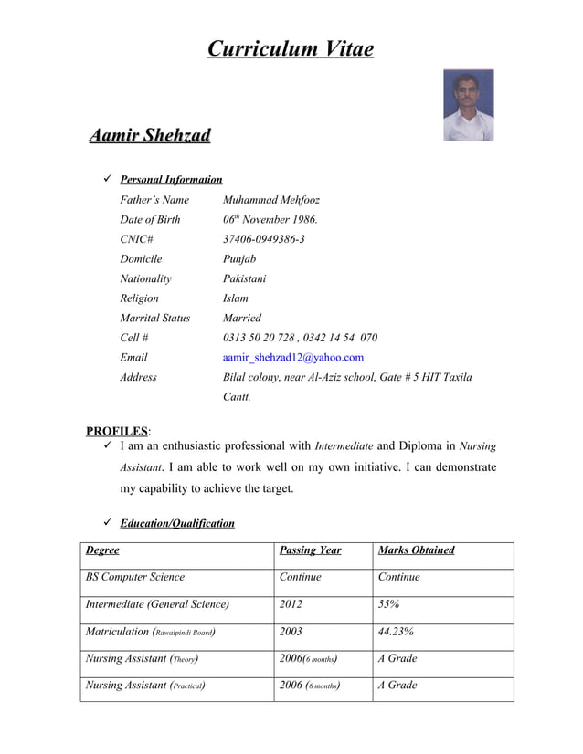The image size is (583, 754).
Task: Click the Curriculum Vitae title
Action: click(290, 48)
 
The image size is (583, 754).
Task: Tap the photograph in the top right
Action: click(468, 105)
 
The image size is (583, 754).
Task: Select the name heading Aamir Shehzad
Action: click(149, 136)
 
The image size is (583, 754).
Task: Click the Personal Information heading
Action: click(171, 180)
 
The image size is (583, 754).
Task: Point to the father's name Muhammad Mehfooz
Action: click(271, 200)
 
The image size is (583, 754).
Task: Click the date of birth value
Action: click(270, 220)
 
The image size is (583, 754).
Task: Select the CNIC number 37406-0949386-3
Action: click(264, 239)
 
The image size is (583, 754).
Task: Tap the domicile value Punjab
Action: click(239, 259)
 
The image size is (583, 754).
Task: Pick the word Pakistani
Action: click(245, 278)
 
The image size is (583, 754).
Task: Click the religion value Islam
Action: click(236, 298)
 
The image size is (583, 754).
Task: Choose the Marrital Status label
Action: click(154, 319)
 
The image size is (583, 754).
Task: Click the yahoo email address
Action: click(293, 358)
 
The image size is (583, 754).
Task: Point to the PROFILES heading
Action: click(117, 431)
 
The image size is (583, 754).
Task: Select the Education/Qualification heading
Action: click(177, 524)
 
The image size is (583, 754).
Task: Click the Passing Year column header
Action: click(310, 550)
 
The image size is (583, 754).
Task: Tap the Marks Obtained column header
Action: click(416, 550)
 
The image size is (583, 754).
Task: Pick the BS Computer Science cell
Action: click(135, 577)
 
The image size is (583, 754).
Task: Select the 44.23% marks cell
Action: click(397, 631)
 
